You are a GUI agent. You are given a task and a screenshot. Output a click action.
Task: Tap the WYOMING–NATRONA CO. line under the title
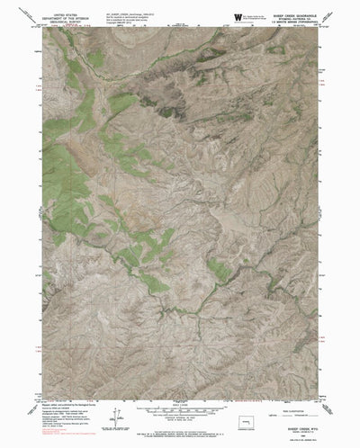pyautogui.click(x=287, y=18)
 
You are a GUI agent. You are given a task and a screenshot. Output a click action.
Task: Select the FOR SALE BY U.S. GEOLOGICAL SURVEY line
pyautogui.click(x=180, y=429)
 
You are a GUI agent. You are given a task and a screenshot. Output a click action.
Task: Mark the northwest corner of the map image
pyautogui.click(x=41, y=29)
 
